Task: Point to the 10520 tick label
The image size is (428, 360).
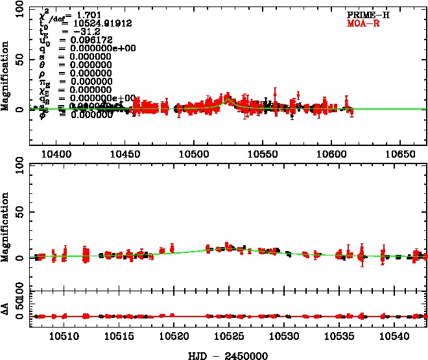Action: [x=174, y=337]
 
